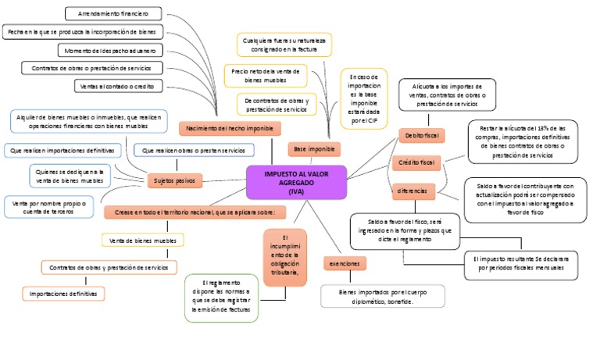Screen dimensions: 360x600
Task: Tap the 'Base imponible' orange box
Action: (x=313, y=148)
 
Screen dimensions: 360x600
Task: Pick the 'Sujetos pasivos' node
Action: (x=174, y=180)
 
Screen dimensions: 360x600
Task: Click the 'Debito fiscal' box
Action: (x=421, y=135)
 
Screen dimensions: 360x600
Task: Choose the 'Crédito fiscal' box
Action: (x=416, y=162)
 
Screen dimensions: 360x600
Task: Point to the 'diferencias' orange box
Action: (x=412, y=191)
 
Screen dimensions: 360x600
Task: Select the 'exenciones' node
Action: (x=344, y=264)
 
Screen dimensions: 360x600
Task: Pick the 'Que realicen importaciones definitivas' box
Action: (x=62, y=149)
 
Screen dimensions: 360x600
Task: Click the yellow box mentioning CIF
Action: (x=363, y=99)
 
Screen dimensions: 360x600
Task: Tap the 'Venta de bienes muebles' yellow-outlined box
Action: (x=143, y=241)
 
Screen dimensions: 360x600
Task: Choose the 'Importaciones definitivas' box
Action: (x=62, y=294)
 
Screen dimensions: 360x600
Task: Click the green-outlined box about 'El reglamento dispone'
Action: (x=226, y=298)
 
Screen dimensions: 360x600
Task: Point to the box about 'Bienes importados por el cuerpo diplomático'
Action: (x=383, y=295)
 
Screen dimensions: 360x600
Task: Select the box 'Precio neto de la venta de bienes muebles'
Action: (x=266, y=75)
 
